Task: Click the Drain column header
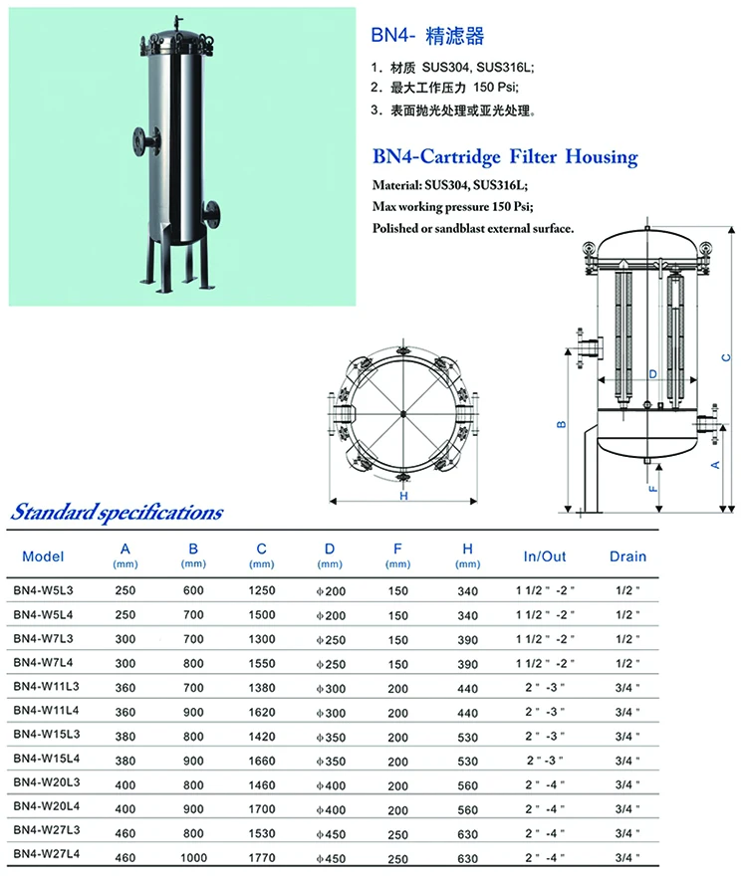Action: [x=627, y=556]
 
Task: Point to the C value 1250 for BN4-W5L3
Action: [x=261, y=590]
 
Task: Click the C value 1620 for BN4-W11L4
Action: [x=261, y=711]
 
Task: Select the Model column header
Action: [x=43, y=556]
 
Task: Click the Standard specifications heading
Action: [x=117, y=514]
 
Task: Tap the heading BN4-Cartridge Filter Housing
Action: [x=504, y=157]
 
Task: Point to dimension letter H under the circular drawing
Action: [x=404, y=496]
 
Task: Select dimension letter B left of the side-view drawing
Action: [x=562, y=425]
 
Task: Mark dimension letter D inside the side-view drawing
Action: [x=652, y=374]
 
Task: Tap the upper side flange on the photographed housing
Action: [x=138, y=135]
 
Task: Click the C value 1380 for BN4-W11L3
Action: [x=261, y=687]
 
